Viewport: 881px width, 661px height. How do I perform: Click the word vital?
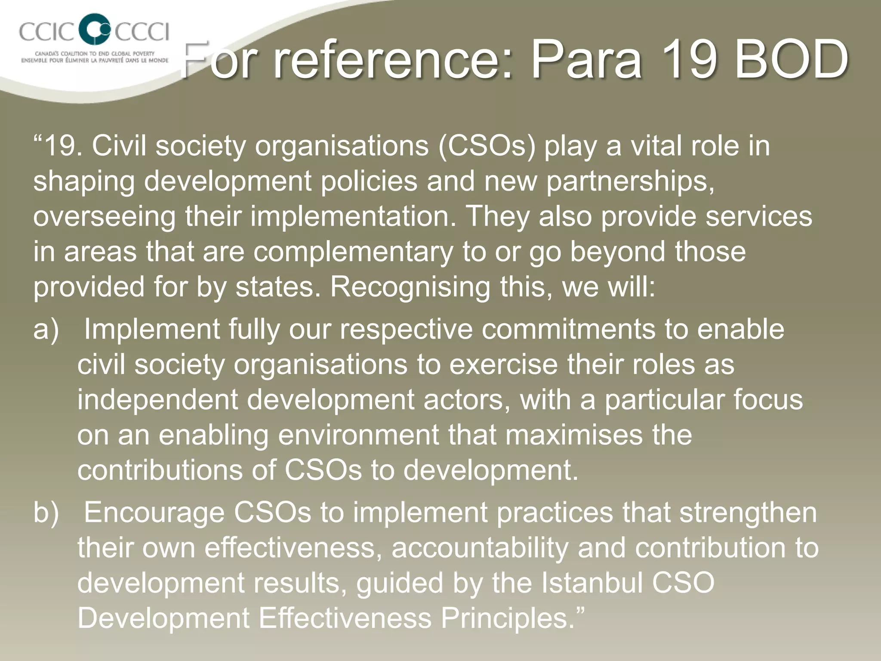pos(656,146)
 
